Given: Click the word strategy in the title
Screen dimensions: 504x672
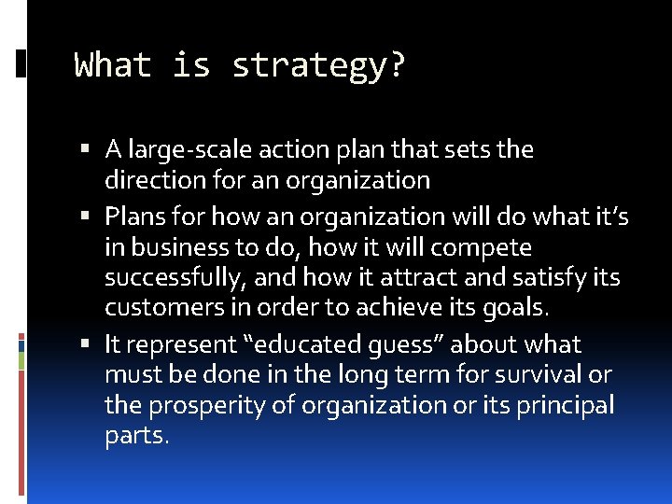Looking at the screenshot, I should (x=318, y=66).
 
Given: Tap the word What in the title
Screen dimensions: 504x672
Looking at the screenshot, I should (x=113, y=65).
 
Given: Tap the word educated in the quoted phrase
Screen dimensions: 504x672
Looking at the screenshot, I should (x=329, y=344).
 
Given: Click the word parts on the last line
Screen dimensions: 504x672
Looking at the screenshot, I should (x=135, y=436).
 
